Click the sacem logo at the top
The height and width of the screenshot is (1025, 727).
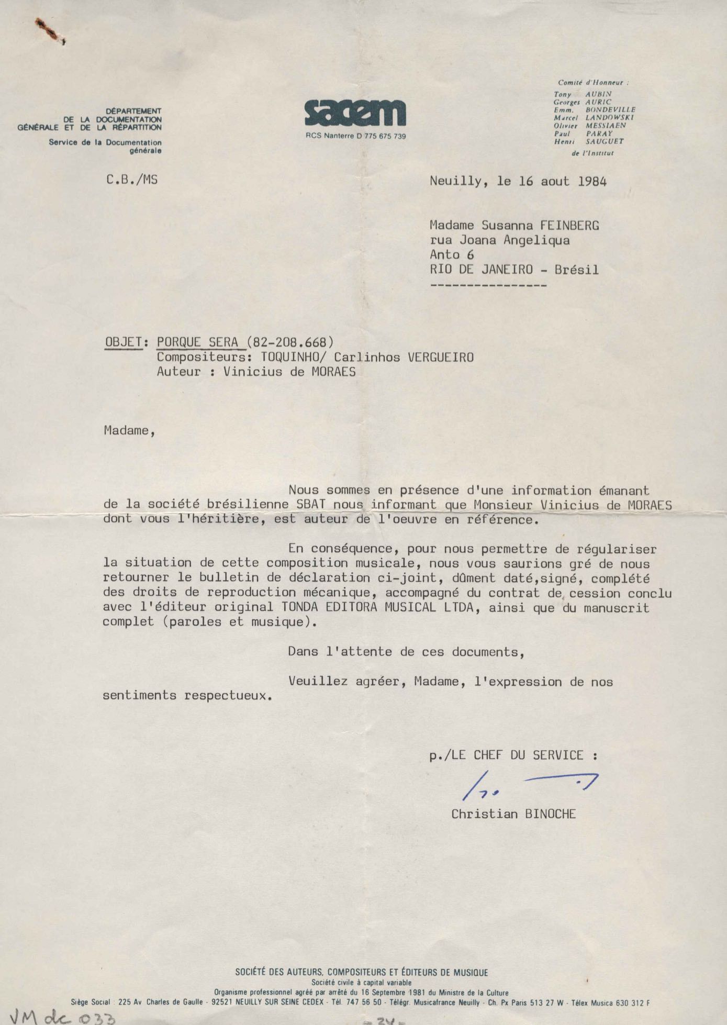pos(355,113)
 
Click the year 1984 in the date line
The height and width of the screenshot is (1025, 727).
pos(592,182)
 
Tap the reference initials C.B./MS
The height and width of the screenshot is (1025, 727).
pos(131,180)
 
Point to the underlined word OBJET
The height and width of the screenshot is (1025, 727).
pos(124,342)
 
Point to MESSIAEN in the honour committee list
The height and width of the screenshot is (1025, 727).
pos(606,126)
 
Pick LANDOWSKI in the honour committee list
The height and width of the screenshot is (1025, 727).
pos(609,118)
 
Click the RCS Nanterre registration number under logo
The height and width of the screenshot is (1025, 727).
pos(355,136)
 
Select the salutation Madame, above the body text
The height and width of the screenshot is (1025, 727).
pos(129,431)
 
